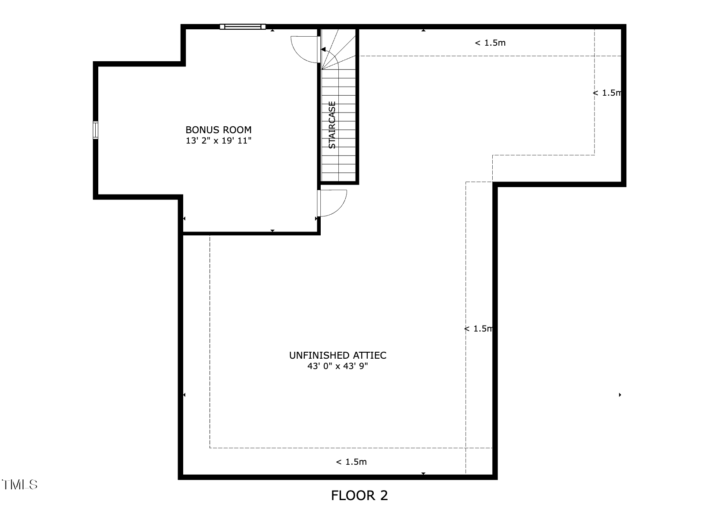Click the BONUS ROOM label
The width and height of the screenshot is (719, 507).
[218, 130]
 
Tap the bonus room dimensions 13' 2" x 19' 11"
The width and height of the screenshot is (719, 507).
[218, 141]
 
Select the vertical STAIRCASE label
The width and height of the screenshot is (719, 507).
[332, 125]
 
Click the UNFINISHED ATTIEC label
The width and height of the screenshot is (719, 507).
[338, 355]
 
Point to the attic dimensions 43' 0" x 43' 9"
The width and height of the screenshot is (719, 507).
[338, 366]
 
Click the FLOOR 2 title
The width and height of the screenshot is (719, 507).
[359, 495]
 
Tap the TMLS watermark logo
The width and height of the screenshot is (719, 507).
[19, 485]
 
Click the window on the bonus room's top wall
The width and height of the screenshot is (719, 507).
[243, 27]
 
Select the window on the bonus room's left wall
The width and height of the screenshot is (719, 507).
[95, 130]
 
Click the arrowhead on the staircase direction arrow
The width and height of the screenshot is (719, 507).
[323, 50]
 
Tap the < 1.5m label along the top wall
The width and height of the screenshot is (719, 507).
[490, 43]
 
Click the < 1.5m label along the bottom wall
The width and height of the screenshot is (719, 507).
[351, 462]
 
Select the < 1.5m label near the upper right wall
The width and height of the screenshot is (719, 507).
[607, 93]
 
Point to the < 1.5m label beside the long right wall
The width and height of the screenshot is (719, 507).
[478, 329]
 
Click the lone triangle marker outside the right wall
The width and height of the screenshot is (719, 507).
[620, 394]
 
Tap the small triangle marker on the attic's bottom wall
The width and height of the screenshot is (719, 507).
[423, 473]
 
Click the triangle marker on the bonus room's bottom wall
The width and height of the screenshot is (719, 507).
[272, 231]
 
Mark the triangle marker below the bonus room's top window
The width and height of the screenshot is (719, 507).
[272, 30]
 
